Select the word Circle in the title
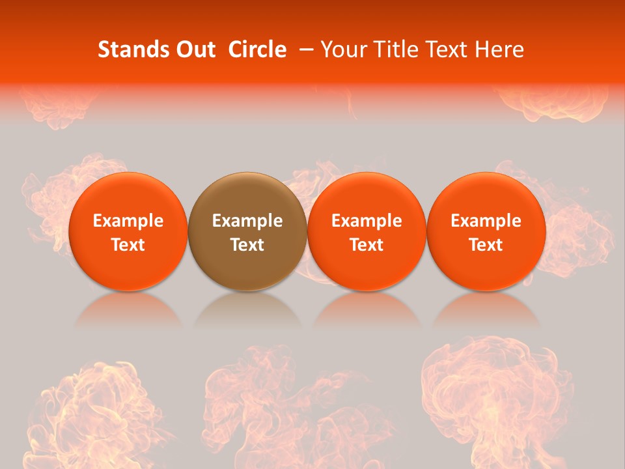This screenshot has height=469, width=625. point(257,50)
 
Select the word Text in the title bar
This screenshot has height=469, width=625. point(447,50)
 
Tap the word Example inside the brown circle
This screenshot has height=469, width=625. point(247,221)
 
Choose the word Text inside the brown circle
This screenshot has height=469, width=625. point(247,245)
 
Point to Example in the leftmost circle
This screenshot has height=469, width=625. point(128,221)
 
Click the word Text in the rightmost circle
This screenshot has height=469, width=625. point(486,245)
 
